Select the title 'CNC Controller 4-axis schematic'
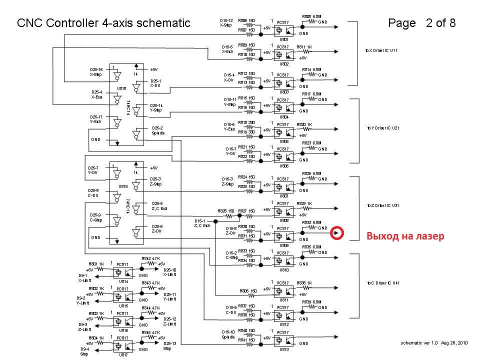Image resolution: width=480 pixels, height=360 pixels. click(103, 23)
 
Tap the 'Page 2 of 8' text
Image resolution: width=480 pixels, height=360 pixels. click(421, 23)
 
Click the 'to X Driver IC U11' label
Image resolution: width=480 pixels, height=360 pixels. click(381, 50)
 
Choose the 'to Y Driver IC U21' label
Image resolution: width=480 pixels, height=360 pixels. click(382, 128)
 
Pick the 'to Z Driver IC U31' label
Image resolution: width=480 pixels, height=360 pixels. click(382, 205)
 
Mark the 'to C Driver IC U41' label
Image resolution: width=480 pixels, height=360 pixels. click(382, 283)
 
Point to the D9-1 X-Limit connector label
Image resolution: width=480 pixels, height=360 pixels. click(83, 278)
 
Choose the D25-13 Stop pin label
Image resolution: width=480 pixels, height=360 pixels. click(170, 345)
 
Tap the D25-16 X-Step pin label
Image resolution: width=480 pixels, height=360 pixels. click(96, 72)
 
